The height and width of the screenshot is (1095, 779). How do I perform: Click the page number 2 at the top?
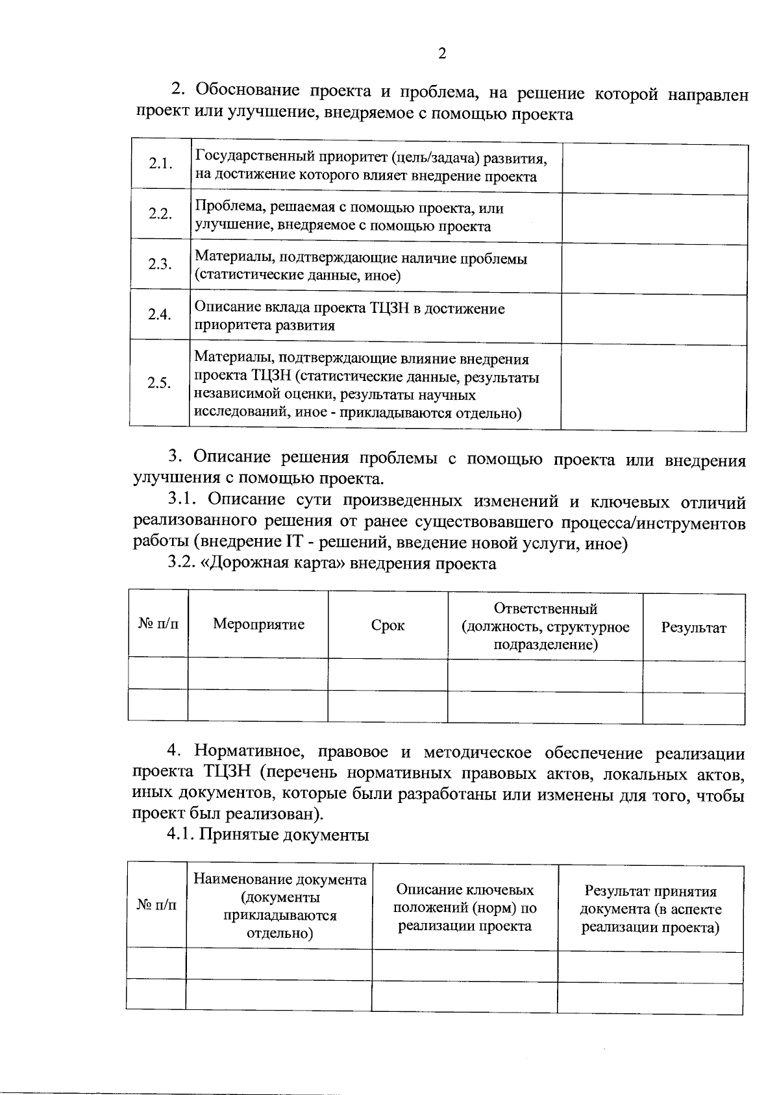(x=442, y=54)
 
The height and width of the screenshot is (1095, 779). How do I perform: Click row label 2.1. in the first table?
(x=160, y=164)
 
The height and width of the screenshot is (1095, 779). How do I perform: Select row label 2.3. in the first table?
(x=160, y=264)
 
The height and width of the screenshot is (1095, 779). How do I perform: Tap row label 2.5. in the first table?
(x=159, y=383)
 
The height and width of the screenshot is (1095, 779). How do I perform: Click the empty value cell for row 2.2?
(x=654, y=218)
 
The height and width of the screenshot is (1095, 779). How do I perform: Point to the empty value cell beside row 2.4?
(x=654, y=317)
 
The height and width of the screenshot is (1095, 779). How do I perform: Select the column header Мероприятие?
(x=258, y=624)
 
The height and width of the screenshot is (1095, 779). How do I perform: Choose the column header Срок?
(x=388, y=626)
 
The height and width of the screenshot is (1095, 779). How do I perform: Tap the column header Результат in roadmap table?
(x=693, y=628)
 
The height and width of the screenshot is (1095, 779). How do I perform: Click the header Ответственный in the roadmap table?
(x=545, y=609)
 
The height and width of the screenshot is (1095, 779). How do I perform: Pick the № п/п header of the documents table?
(x=156, y=905)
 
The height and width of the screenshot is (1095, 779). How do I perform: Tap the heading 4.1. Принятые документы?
(x=268, y=834)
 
